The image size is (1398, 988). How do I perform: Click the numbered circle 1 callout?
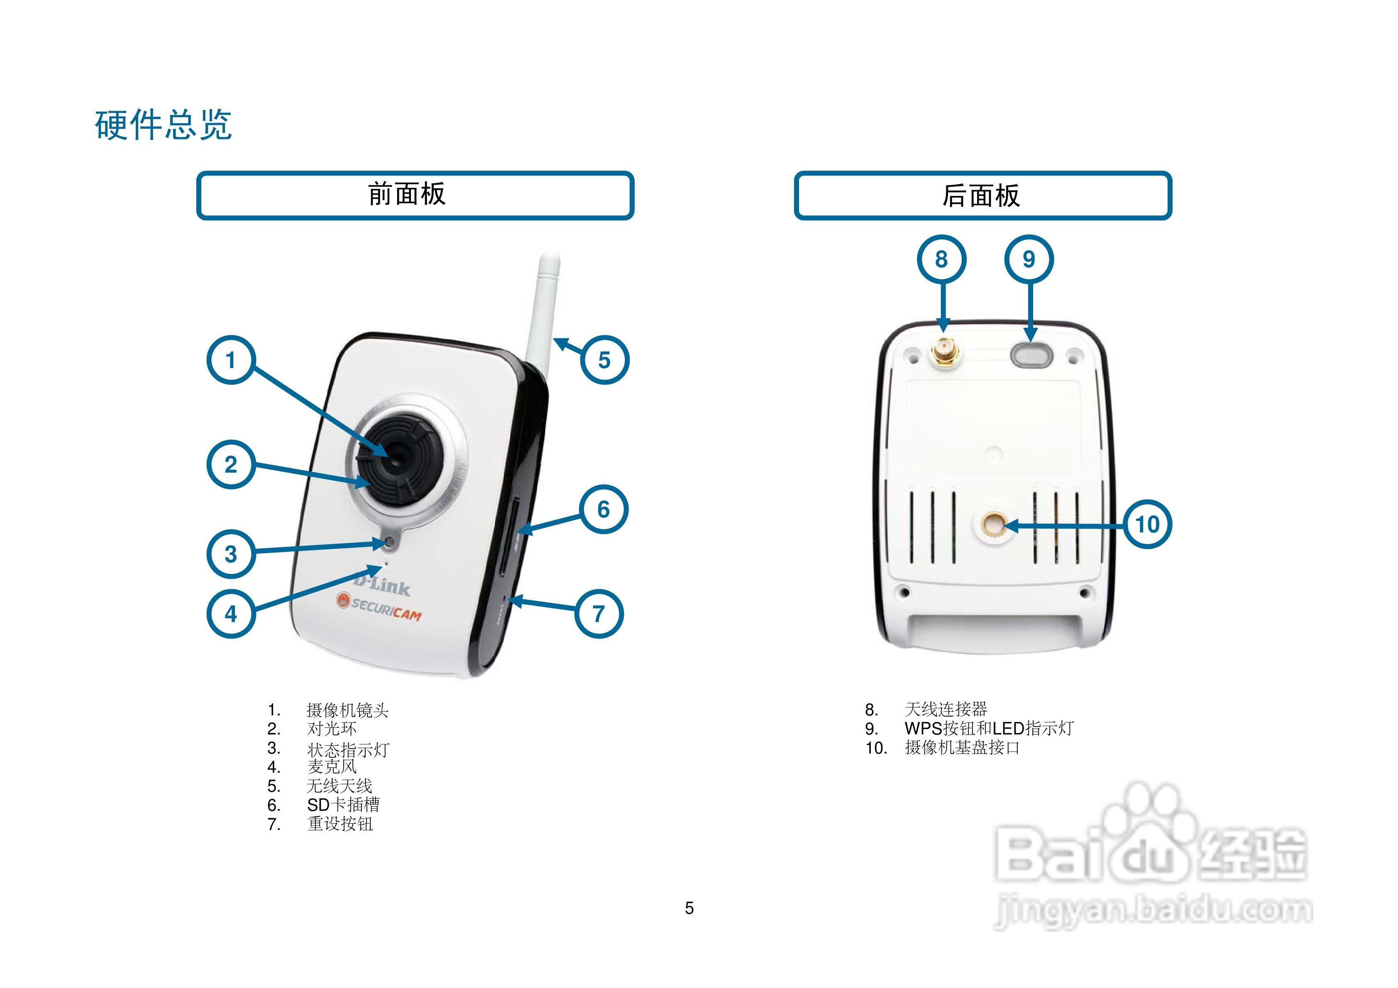coord(231,360)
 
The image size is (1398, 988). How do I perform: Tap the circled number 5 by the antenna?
coord(604,360)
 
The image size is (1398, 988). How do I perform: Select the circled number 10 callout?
coord(1147,524)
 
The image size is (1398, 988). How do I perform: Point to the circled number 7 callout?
coord(599,614)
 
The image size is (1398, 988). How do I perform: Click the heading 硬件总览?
coord(163,125)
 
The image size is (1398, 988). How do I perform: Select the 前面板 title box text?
coord(407,194)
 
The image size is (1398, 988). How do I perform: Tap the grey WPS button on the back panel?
coord(1031,354)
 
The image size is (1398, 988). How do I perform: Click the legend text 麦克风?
coord(332,767)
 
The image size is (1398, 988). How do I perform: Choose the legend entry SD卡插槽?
coord(343,805)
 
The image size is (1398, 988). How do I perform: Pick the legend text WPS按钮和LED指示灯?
coord(989,728)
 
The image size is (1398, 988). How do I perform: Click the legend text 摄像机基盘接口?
coord(962,748)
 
